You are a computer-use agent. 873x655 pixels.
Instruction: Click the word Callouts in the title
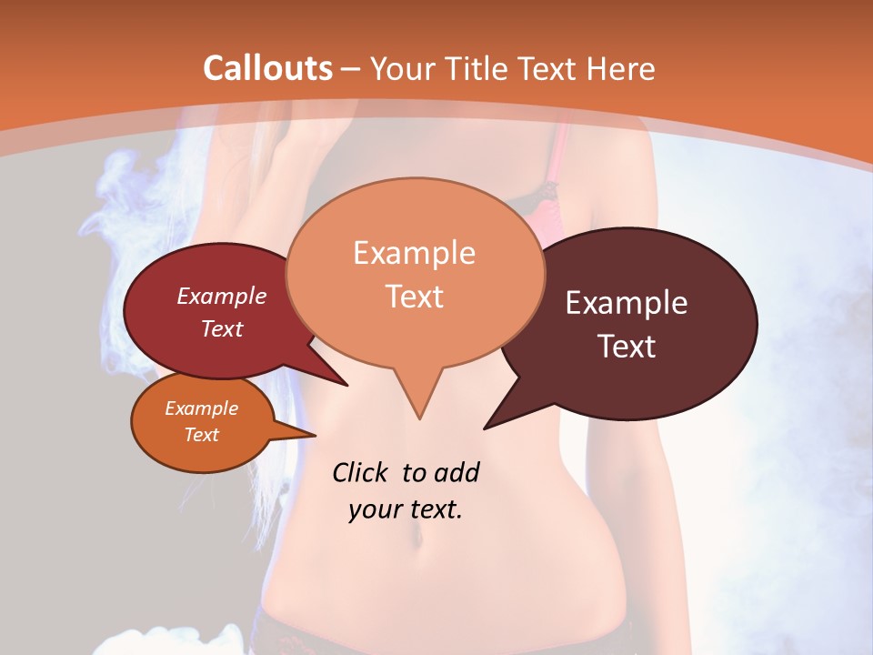click(x=267, y=68)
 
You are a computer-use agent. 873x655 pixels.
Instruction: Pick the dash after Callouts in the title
click(x=351, y=69)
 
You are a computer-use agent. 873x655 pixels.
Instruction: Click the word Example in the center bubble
click(x=414, y=253)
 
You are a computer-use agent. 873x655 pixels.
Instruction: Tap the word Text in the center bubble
click(x=414, y=297)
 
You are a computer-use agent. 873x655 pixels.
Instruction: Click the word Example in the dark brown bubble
click(x=627, y=303)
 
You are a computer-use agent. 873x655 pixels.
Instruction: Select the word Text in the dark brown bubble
click(x=627, y=346)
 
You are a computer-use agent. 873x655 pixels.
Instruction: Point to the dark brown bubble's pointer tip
click(x=485, y=428)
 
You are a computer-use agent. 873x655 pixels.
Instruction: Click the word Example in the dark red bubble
click(x=221, y=296)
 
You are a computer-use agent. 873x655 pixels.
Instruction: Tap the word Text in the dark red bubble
click(x=222, y=328)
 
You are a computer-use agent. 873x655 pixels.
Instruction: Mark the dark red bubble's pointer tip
click(x=347, y=386)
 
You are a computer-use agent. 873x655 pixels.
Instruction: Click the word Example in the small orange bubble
click(x=201, y=408)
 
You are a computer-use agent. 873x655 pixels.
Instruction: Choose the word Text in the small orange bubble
click(x=201, y=435)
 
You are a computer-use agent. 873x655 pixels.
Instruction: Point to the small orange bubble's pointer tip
click(x=316, y=435)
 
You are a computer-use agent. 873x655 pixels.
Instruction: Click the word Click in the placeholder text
click(x=362, y=472)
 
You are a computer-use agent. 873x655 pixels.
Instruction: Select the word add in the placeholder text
click(x=456, y=472)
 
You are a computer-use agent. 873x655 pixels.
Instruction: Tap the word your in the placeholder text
click(x=374, y=509)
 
